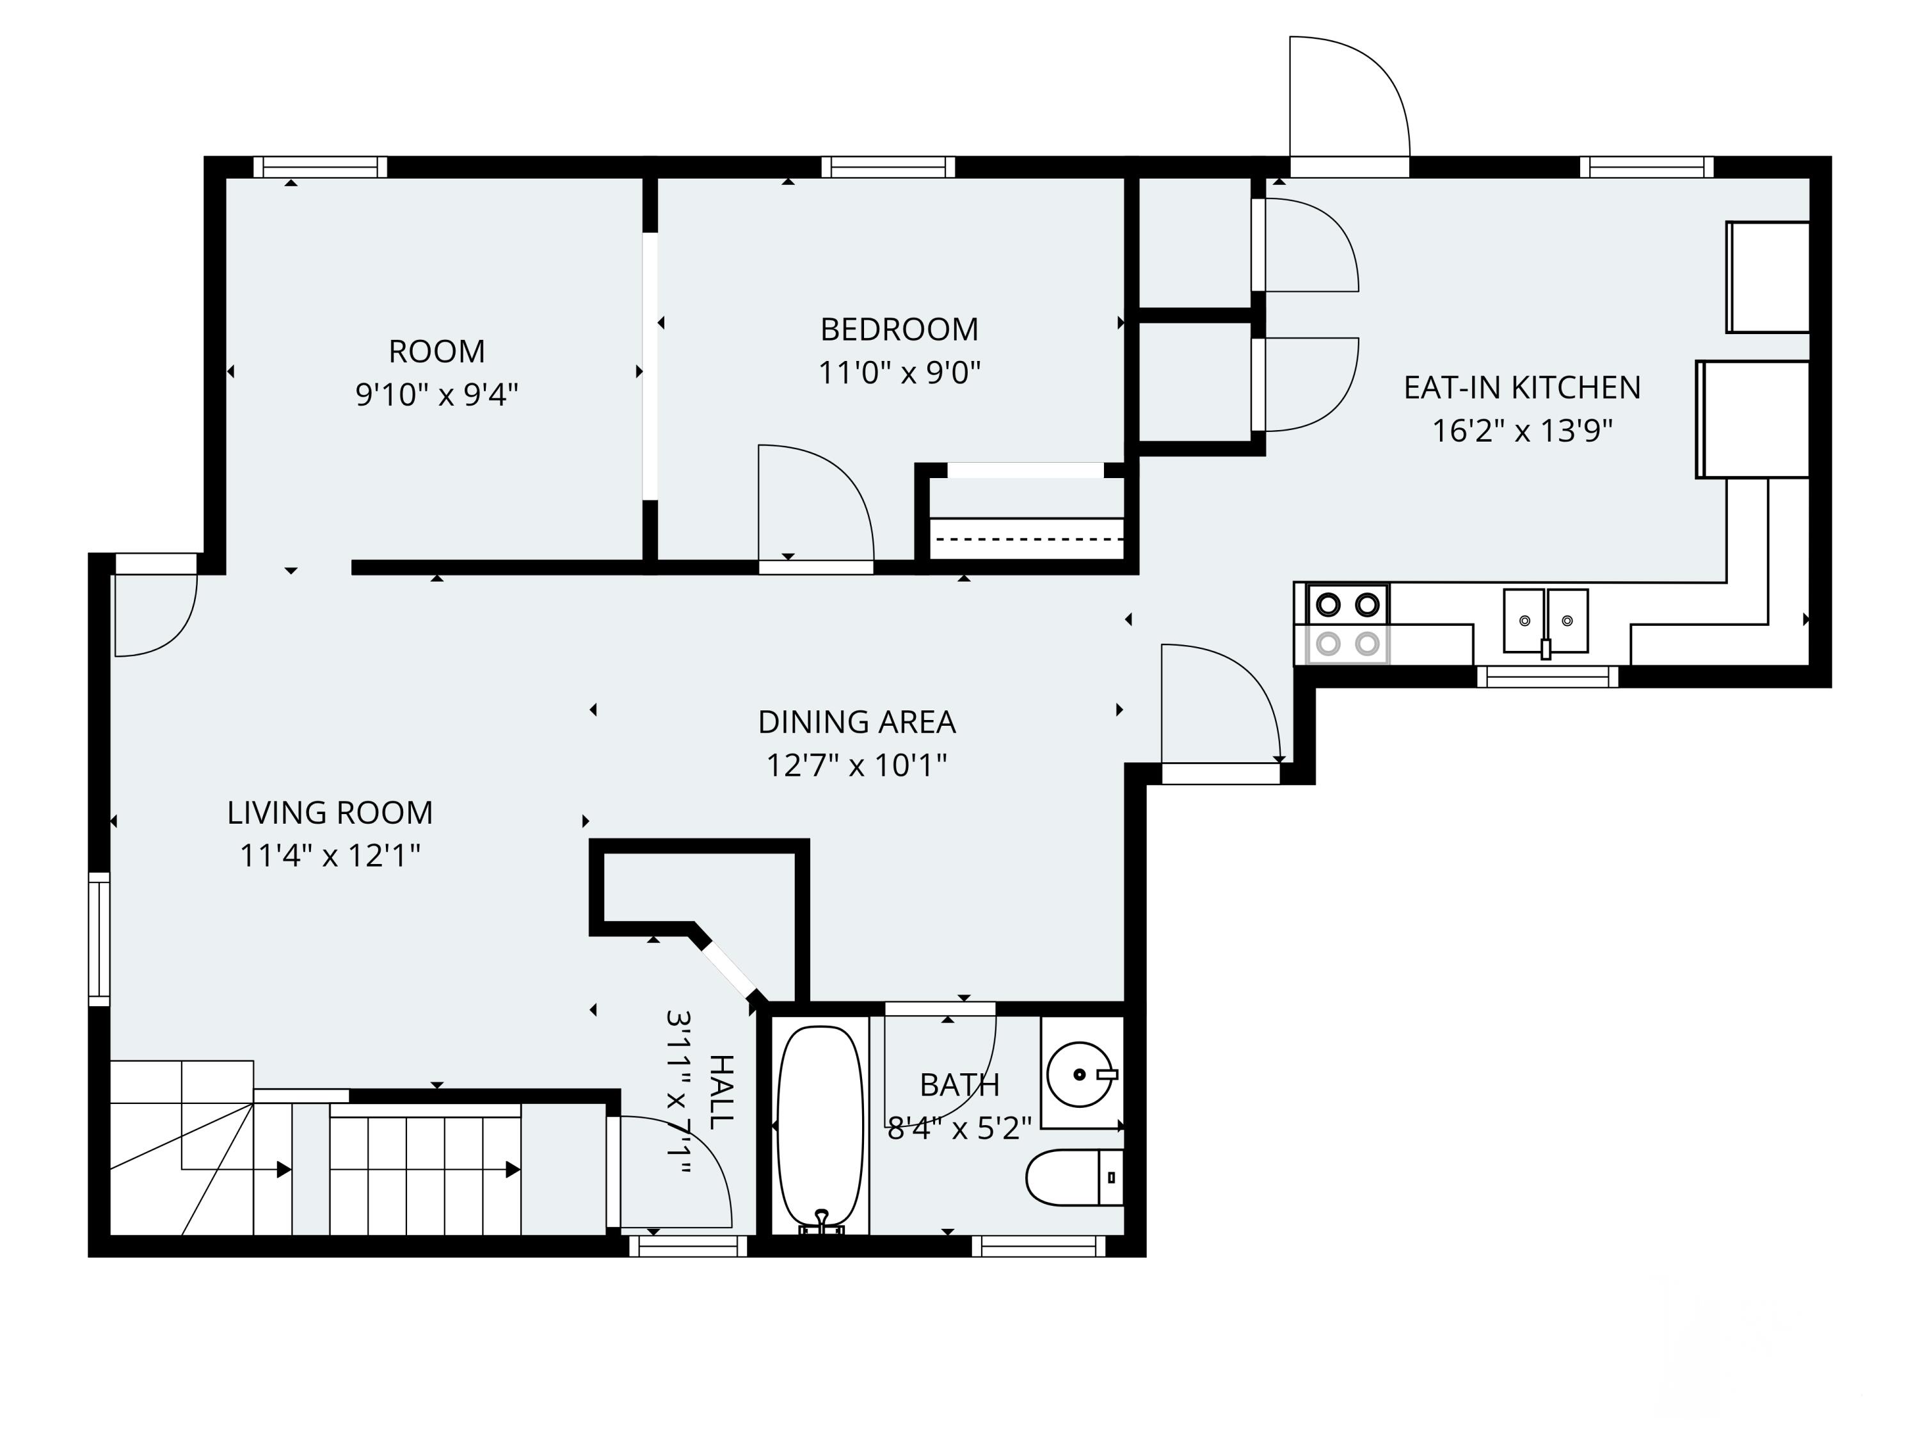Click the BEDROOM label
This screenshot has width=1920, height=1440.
pos(899,330)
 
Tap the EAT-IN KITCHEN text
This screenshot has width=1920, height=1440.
pos(1523,388)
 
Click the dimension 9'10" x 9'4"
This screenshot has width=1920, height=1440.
pos(436,395)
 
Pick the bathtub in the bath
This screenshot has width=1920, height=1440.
pos(821,1129)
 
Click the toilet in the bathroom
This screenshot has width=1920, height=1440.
pos(1075,1178)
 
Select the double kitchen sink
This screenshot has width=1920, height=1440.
pos(1546,621)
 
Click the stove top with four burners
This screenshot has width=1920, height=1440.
pos(1348,624)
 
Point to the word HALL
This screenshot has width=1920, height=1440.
pos(722,1092)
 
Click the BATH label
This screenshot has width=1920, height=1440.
pos(959,1085)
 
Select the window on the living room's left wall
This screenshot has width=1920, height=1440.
pos(99,939)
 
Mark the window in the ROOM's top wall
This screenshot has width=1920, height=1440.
pos(320,166)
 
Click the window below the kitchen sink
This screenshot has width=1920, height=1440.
pos(1548,676)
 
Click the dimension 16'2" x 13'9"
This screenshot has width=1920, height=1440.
pos(1523,431)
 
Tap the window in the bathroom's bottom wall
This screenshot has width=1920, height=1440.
pos(1038,1247)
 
